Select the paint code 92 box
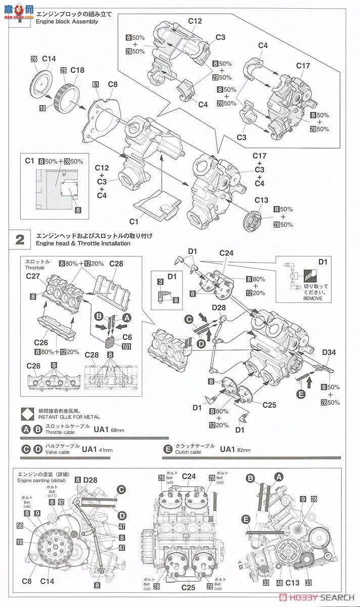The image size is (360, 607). click(61, 503)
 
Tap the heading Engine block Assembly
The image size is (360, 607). click(67, 22)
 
